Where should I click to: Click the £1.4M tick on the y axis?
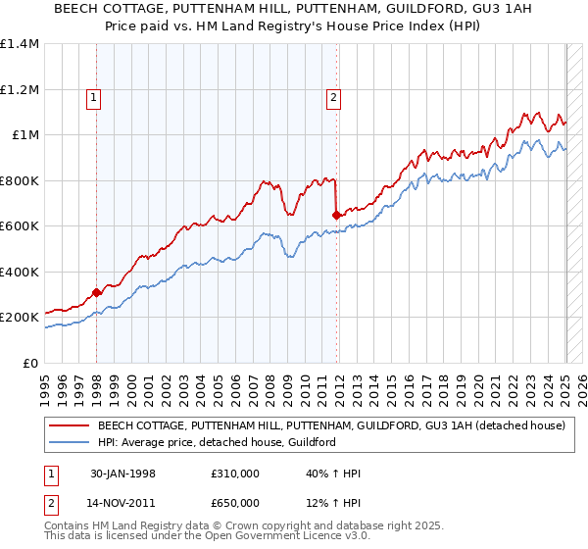tap(20, 44)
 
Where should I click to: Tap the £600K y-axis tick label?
tap(20, 226)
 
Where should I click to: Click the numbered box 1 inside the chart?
tap(92, 97)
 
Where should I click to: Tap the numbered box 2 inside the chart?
tap(333, 97)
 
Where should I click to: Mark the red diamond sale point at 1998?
tap(97, 292)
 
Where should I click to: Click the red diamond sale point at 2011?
tap(337, 215)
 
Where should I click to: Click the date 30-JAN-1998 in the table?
tap(122, 474)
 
